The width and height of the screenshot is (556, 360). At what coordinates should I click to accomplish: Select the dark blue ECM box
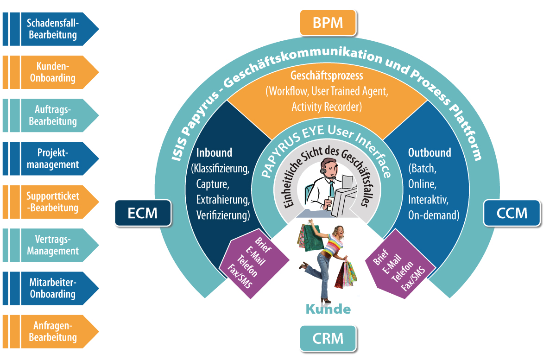tap(143, 213)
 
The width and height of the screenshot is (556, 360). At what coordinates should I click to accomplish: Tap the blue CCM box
tap(512, 213)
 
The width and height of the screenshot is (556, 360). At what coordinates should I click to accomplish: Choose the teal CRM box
tap(328, 338)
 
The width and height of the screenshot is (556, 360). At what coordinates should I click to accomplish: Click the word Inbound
tap(214, 152)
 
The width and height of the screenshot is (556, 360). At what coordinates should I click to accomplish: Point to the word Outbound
tap(430, 152)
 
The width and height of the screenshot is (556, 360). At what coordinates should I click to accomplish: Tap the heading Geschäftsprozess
tap(327, 76)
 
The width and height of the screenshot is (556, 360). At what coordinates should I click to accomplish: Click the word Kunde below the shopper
tap(328, 309)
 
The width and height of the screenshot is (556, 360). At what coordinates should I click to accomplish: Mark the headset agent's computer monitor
tap(346, 197)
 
